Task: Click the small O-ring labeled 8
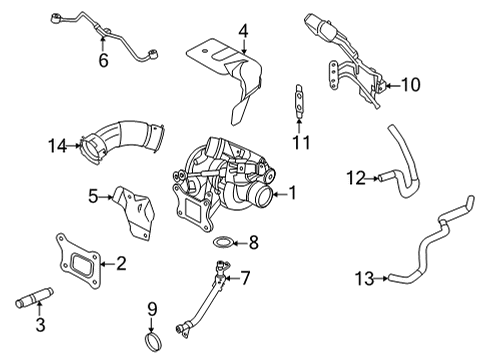226,241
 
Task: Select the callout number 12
355,177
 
